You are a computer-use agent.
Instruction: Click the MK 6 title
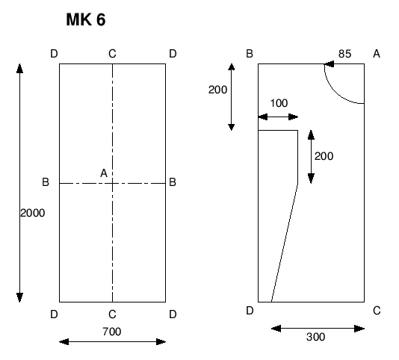click(x=86, y=21)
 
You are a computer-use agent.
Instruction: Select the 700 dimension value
click(x=111, y=330)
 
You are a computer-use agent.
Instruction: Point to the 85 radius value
click(x=344, y=54)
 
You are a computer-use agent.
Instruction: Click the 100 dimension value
click(x=277, y=103)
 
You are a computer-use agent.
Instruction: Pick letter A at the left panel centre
click(x=104, y=173)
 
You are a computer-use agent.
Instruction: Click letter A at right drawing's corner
click(x=377, y=54)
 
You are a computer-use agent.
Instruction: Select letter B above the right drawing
click(x=250, y=54)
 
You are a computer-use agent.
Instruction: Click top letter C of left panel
click(x=112, y=54)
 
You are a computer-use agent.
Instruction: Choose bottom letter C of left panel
click(x=112, y=314)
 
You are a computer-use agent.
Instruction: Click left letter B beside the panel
click(x=46, y=182)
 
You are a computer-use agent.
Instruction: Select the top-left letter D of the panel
click(x=53, y=54)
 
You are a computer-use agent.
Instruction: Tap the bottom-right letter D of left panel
click(x=173, y=314)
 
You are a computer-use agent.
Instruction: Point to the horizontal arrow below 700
click(x=111, y=342)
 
